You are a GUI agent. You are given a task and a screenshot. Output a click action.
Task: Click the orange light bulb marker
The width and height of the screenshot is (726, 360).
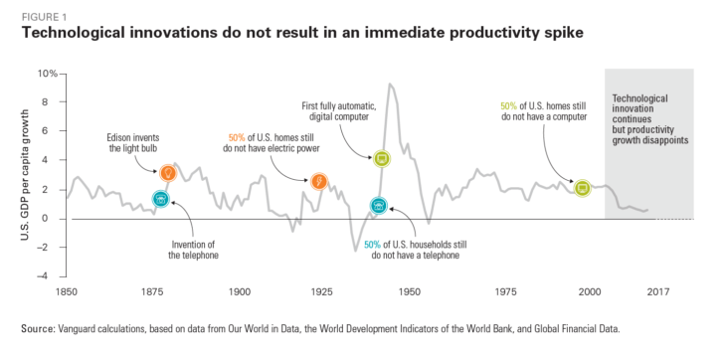[x=168, y=173]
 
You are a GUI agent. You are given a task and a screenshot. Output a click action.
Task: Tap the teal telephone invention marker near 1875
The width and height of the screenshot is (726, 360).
[x=160, y=200]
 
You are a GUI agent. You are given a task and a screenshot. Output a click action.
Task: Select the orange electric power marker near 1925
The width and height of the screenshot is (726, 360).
[x=318, y=181]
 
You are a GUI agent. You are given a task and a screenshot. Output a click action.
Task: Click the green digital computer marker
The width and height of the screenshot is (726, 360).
[x=381, y=158]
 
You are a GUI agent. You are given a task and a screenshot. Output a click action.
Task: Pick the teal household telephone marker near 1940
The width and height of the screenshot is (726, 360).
[x=378, y=206]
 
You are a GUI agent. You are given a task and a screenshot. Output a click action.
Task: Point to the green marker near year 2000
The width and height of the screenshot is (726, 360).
[x=583, y=187]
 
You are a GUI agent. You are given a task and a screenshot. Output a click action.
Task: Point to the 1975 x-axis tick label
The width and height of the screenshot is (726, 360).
[x=507, y=291]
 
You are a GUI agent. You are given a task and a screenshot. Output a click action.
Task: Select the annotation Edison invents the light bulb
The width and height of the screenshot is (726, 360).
[x=131, y=143]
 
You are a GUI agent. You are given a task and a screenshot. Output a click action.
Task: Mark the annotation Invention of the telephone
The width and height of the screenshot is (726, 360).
[x=193, y=250]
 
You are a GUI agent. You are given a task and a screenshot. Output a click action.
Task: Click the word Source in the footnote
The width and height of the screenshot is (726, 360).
[x=37, y=328]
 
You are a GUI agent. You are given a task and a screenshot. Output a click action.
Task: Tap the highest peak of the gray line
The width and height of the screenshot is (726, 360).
[x=389, y=84]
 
